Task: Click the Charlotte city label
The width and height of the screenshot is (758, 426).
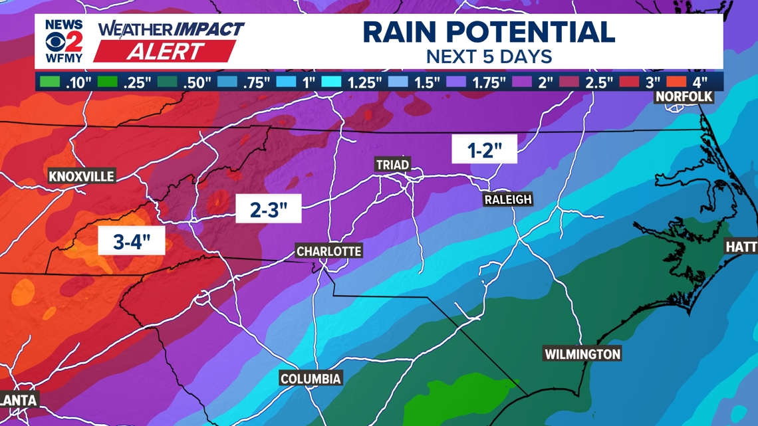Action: [328, 251]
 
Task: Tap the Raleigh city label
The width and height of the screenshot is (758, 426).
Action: [508, 199]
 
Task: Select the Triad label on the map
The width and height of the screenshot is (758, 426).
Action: [392, 164]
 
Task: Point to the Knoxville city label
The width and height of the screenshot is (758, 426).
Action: [82, 176]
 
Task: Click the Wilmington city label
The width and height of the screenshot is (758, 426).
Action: [582, 354]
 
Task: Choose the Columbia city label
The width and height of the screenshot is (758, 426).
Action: [311, 379]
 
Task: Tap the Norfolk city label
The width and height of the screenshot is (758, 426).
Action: [684, 97]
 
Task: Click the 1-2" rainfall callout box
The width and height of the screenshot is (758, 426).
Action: [484, 150]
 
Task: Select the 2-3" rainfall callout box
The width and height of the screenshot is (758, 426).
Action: [269, 209]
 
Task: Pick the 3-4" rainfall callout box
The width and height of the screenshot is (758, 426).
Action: [131, 241]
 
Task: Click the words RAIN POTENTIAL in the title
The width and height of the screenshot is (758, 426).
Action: [489, 32]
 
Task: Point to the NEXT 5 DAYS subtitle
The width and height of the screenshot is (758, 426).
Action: [489, 56]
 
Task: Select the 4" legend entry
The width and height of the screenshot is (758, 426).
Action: [692, 82]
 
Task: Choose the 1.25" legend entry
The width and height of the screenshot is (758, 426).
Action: [352, 82]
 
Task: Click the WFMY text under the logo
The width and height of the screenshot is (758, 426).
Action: [64, 58]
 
